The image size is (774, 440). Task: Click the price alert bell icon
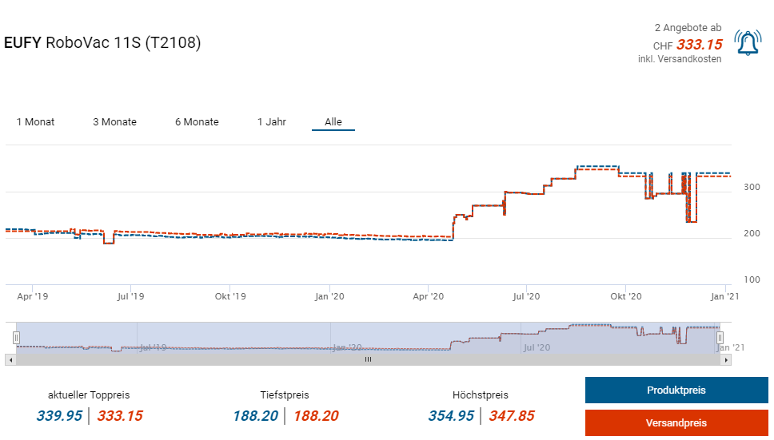tap(748, 43)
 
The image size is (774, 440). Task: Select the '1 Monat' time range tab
tap(36, 122)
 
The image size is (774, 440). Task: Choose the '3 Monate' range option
tap(114, 122)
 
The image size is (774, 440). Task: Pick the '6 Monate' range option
tap(197, 122)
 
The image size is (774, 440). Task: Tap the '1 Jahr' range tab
tap(272, 122)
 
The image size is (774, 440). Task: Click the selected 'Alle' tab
tap(333, 122)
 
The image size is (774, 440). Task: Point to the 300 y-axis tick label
tap(752, 187)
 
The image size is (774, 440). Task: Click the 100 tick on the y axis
tap(752, 279)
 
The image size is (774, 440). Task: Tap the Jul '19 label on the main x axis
tap(130, 296)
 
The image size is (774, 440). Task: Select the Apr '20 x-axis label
tap(427, 296)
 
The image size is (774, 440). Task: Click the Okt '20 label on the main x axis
tap(625, 296)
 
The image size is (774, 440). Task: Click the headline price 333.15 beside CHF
tap(699, 45)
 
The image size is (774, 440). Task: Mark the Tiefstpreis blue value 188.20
tap(256, 415)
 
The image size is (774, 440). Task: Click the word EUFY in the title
tap(23, 42)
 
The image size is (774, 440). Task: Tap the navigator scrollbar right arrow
tap(726, 359)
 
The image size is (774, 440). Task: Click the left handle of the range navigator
tap(16, 338)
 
